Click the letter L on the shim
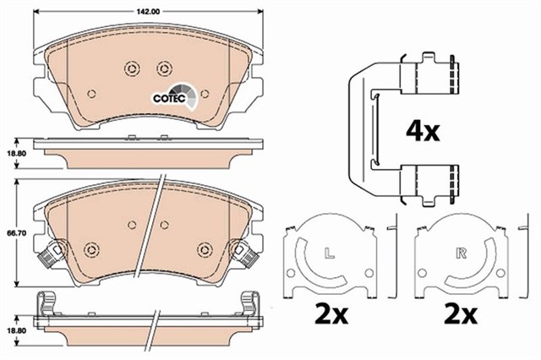[325, 251]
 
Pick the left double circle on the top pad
[129, 70]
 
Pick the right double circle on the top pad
[165, 70]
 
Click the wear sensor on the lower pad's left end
[50, 252]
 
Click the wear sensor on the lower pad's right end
[246, 252]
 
